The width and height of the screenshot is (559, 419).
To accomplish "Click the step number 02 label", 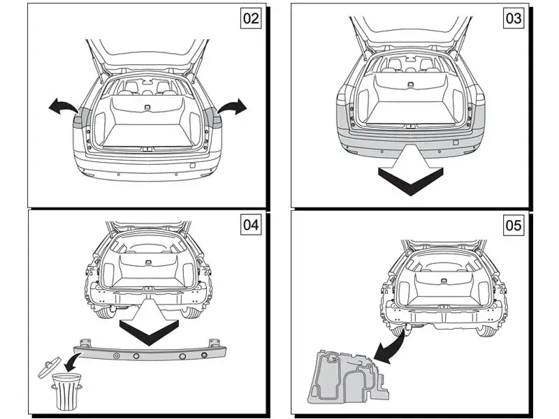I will [251, 18].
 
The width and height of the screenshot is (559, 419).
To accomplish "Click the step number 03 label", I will [514, 18].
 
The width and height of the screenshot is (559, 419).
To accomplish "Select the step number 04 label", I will [251, 225].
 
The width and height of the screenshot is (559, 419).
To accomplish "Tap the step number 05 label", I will [514, 225].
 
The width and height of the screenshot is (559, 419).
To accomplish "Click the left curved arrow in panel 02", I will [64, 105].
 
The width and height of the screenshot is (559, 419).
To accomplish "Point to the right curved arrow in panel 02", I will [231, 105].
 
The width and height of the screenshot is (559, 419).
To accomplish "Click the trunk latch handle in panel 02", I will [147, 106].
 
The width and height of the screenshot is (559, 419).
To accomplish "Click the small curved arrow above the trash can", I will [72, 361].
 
